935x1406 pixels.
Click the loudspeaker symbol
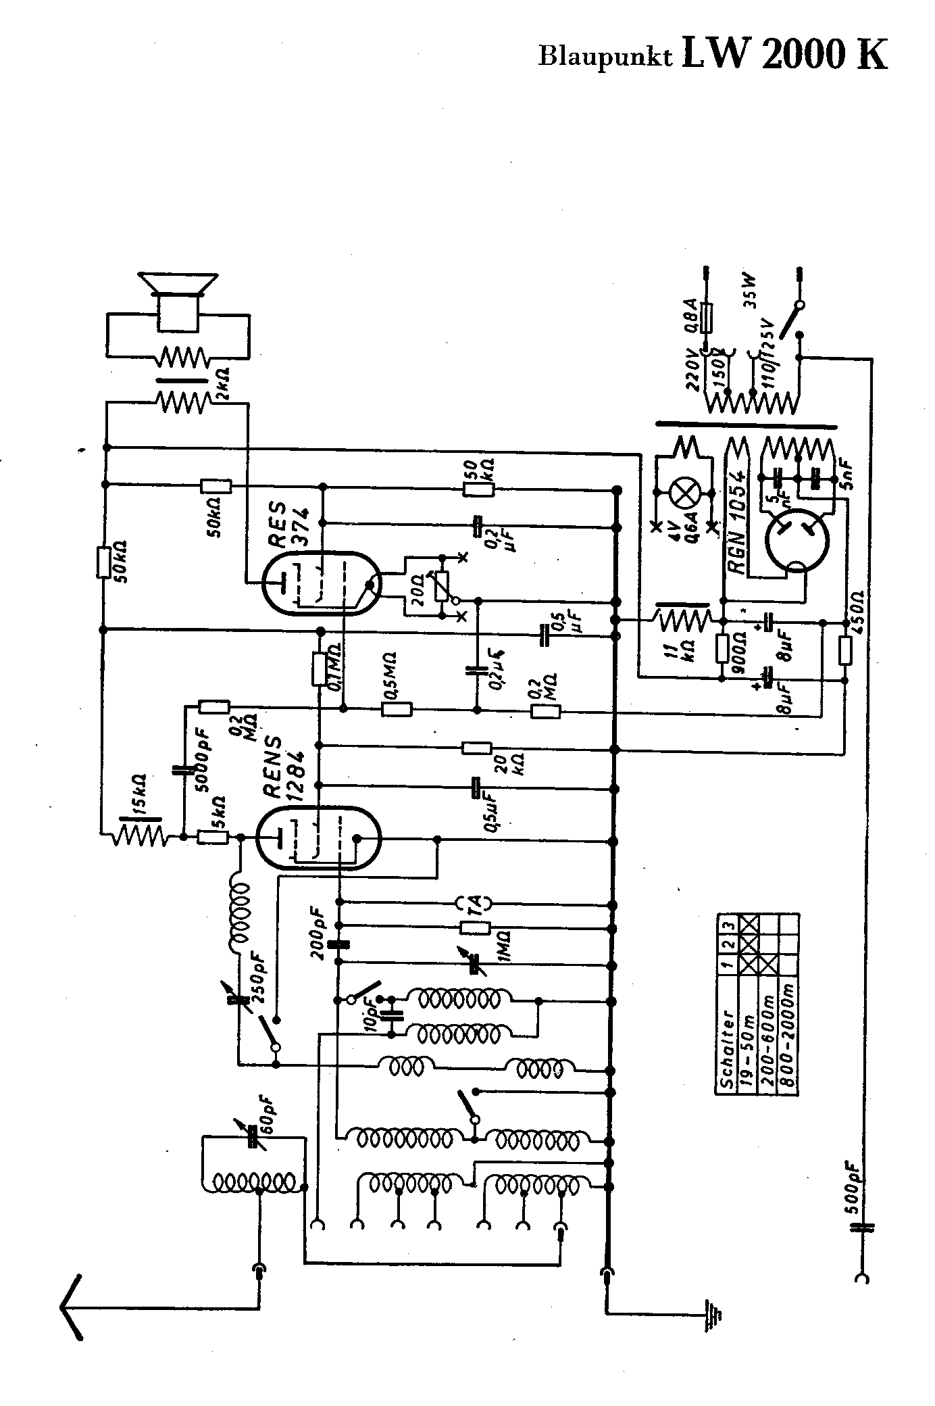click(x=178, y=301)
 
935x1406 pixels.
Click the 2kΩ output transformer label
click(x=221, y=385)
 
